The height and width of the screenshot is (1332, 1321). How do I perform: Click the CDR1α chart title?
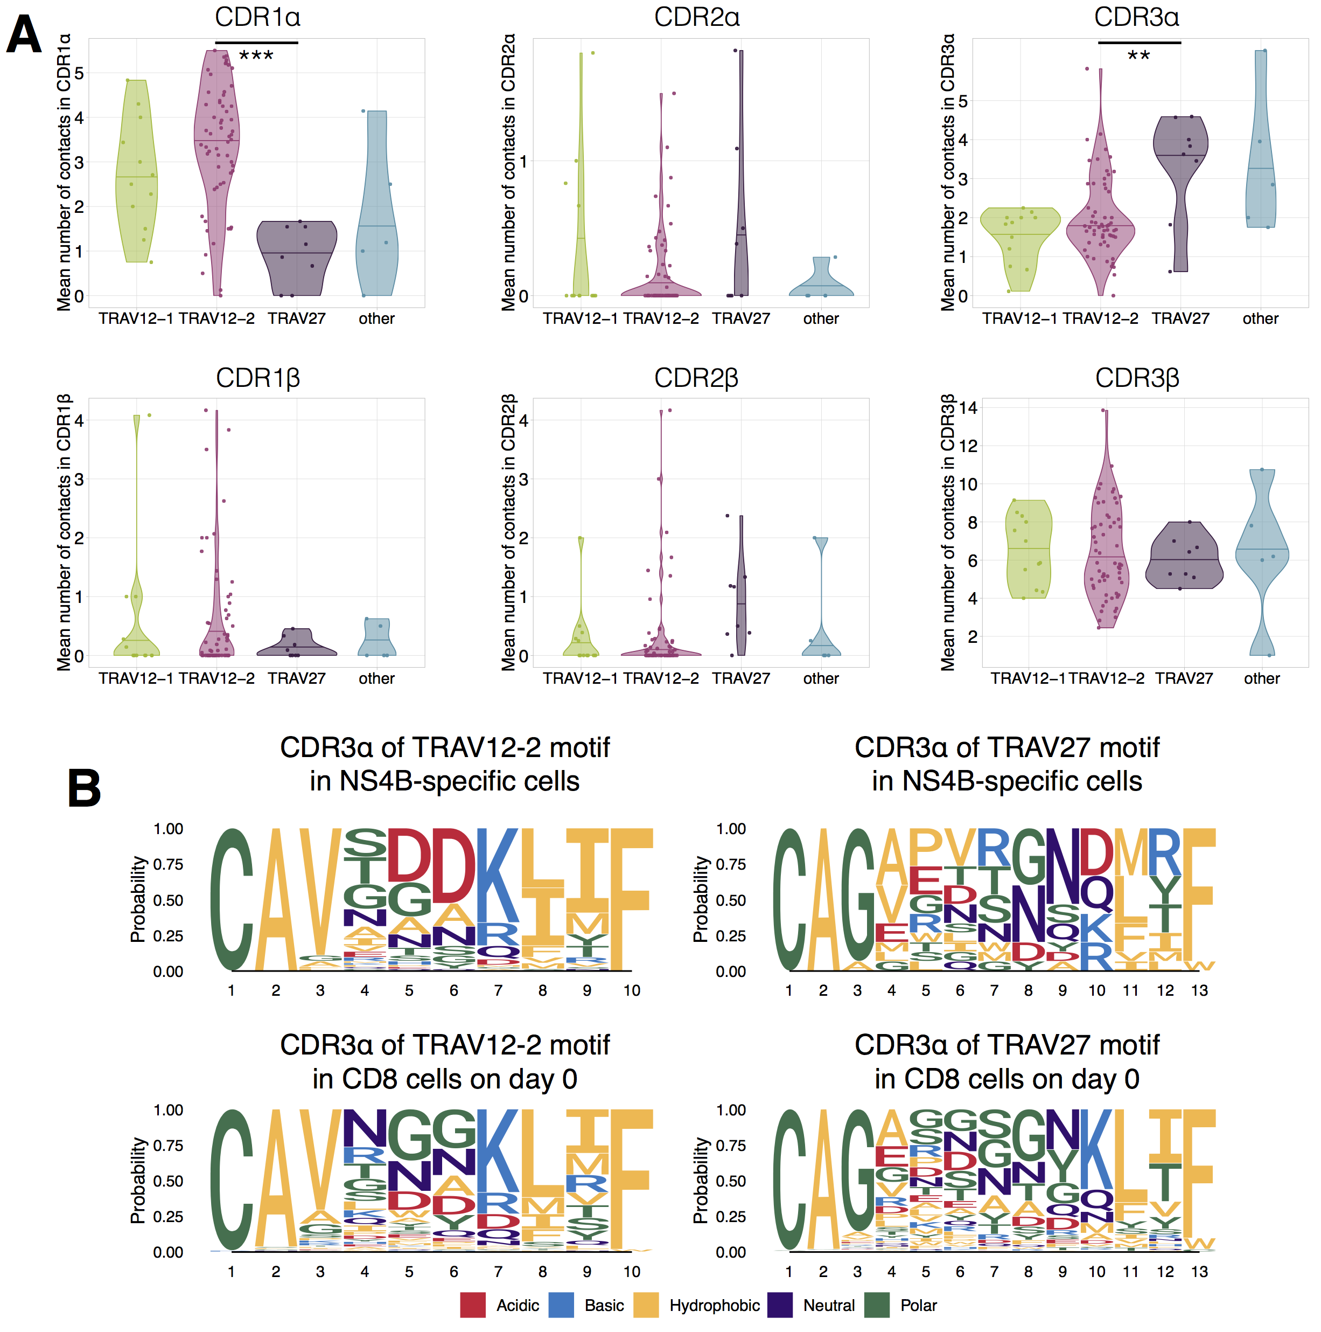257,17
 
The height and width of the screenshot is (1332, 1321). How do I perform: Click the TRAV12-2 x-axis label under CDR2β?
660,678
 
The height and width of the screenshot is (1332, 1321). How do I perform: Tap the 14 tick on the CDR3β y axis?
968,408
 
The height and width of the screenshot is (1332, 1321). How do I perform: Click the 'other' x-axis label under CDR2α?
820,318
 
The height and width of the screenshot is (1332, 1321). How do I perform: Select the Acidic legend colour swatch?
473,1305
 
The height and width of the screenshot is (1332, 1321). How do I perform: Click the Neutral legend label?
828,1305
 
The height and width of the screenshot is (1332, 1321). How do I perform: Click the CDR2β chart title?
696,378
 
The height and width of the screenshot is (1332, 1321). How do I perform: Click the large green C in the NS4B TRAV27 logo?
789,900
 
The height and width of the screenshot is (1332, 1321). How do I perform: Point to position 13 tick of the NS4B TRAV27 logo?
1199,991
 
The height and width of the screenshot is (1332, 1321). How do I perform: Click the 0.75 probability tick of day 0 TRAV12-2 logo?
167,1146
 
